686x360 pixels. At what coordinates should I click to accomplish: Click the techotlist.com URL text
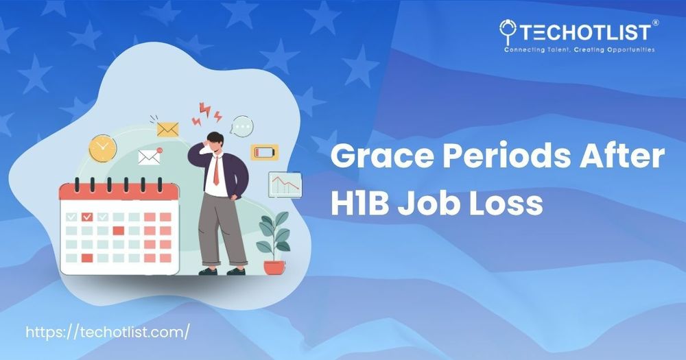click(108, 332)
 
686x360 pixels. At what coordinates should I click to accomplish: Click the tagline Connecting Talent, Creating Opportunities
click(579, 50)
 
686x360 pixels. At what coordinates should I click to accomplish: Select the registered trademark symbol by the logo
click(655, 23)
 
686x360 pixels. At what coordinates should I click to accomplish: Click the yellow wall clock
click(103, 148)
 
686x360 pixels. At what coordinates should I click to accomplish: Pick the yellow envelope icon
click(167, 130)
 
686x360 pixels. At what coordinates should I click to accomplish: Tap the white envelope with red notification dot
click(150, 156)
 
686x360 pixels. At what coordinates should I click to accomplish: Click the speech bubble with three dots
click(242, 126)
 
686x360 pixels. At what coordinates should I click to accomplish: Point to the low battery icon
click(264, 153)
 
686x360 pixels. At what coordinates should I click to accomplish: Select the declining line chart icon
click(285, 184)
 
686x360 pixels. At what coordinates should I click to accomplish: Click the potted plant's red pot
click(274, 267)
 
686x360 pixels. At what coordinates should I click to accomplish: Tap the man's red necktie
click(216, 171)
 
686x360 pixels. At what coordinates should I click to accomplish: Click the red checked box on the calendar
click(87, 217)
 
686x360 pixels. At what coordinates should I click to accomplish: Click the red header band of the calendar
click(119, 192)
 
